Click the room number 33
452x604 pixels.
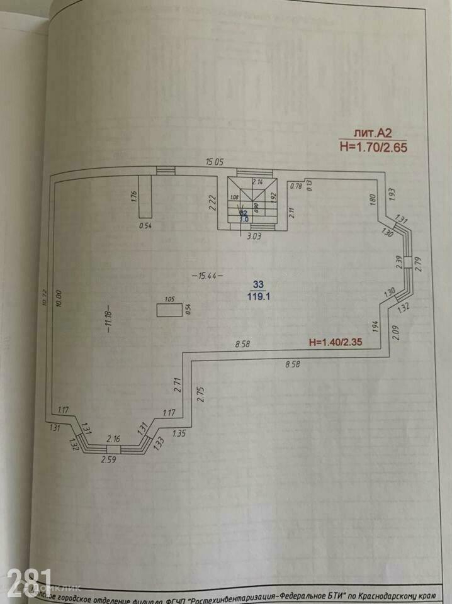259,284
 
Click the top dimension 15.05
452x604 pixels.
215,162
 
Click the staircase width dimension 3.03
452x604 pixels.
253,237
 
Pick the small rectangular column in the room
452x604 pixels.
167,310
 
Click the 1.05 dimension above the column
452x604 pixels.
168,299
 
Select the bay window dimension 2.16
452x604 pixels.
113,439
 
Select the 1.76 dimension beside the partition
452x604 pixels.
133,196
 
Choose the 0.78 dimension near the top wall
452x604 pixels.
295,186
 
